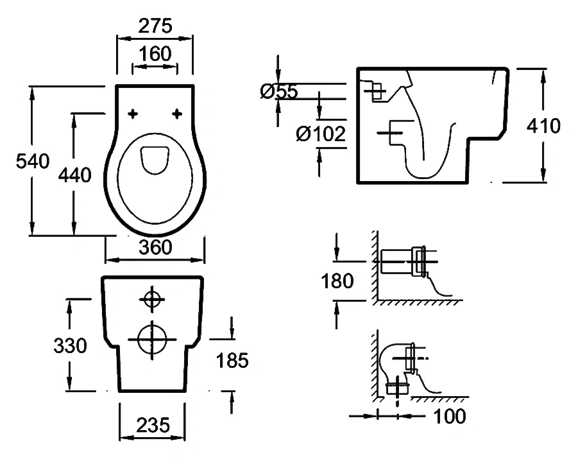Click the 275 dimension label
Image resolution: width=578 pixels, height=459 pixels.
155,26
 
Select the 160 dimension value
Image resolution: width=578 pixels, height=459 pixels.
155,54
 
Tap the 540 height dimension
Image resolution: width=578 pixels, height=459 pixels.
33,162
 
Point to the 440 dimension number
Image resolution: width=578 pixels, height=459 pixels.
74,175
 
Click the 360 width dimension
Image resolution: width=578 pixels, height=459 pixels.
155,247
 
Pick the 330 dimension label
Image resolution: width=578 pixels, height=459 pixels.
69,346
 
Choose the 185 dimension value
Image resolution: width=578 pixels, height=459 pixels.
232,361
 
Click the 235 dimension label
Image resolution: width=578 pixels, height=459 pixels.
153,424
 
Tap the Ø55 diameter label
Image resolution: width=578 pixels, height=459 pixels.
278,92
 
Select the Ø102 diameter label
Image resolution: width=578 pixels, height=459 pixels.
321,134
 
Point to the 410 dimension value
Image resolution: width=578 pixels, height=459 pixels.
543,126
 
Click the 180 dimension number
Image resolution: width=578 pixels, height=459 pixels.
336,281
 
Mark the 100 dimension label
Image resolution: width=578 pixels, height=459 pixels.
449,416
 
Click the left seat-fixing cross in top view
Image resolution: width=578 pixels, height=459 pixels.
133,114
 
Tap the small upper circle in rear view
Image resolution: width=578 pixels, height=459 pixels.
151,299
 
